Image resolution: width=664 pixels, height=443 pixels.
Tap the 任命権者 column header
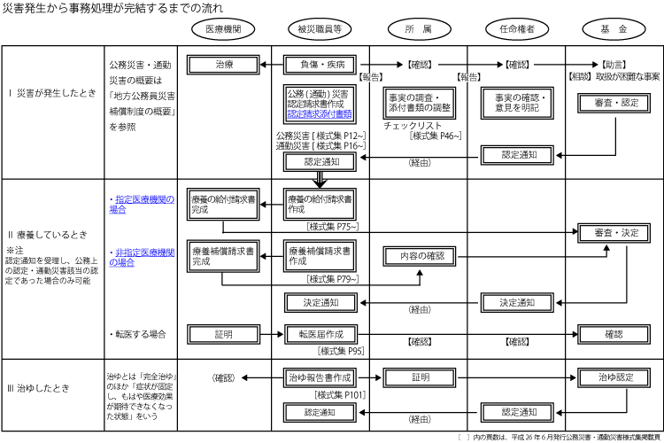[x=516, y=29]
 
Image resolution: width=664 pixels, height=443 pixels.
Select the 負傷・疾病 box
[x=320, y=65]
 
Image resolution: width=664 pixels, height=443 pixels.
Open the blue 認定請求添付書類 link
[x=320, y=114]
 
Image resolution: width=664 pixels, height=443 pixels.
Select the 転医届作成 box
[x=320, y=334]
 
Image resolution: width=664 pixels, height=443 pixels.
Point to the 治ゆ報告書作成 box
[x=320, y=377]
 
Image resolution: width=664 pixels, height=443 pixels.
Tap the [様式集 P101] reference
[x=340, y=394]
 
